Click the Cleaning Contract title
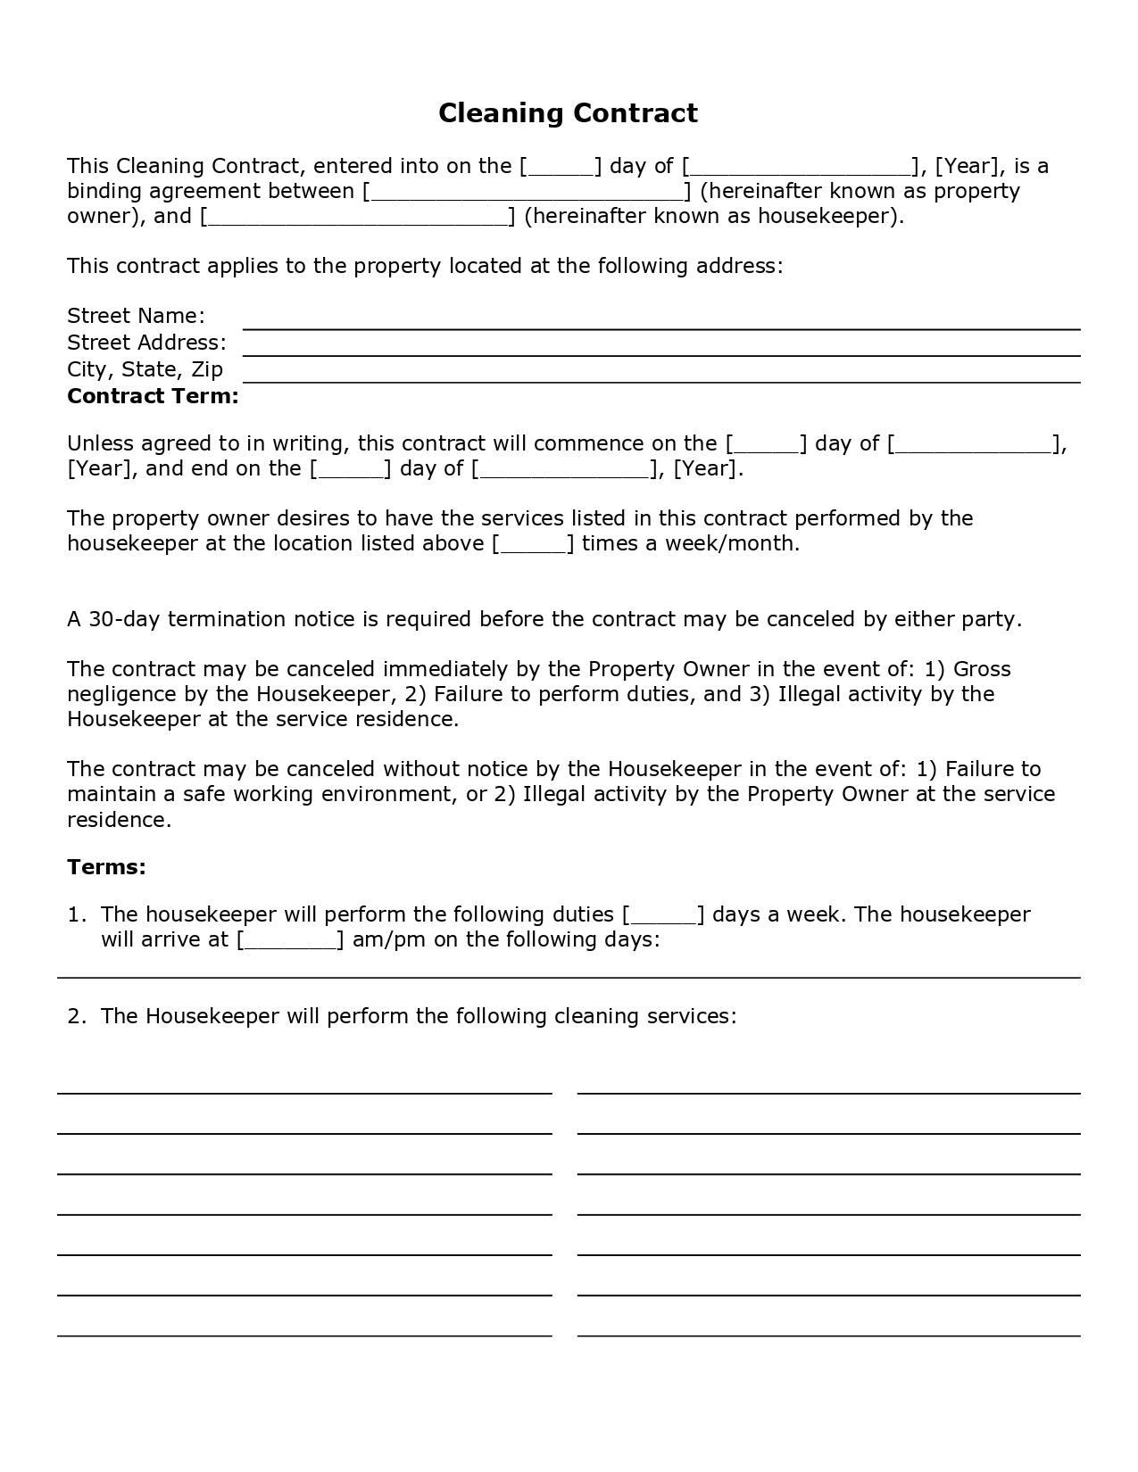click(x=568, y=113)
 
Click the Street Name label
click(x=136, y=316)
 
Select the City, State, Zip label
click(x=145, y=369)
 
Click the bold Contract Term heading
click(x=153, y=396)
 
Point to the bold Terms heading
click(x=106, y=867)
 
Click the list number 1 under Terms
click(x=76, y=914)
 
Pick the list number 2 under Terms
click(x=76, y=1016)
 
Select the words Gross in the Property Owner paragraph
click(x=982, y=669)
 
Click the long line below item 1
click(x=569, y=978)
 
